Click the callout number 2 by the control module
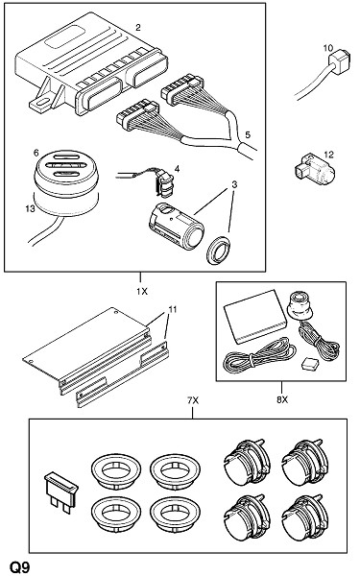coord(137,27)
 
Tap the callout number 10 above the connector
coord(328,48)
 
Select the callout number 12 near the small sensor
coord(328,155)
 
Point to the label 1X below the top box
coord(142,291)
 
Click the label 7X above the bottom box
coord(193,400)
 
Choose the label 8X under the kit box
coord(282,399)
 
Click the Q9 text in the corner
coord(19,568)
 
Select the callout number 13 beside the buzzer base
coord(30,208)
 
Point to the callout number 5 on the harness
coord(248,134)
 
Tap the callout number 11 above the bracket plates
coord(172,310)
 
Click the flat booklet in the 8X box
coord(255,316)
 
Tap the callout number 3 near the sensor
coord(234,184)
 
